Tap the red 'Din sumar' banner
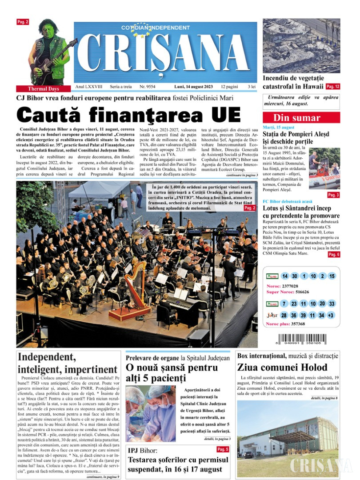301,118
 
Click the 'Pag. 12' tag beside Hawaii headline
332,86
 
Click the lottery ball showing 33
332,304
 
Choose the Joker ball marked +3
332,315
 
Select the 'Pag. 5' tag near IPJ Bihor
223,449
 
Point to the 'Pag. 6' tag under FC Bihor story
334,254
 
